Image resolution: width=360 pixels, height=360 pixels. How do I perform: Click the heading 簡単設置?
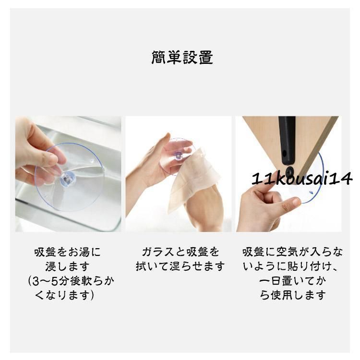point(182,58)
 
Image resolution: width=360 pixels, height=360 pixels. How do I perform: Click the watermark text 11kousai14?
point(302,179)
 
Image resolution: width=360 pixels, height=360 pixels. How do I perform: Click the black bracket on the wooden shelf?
point(287,140)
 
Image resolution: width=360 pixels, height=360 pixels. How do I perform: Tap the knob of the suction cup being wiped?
point(178,156)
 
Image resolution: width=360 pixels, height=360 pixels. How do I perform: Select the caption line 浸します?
point(67,266)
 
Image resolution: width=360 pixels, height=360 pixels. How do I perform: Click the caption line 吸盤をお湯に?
point(68,252)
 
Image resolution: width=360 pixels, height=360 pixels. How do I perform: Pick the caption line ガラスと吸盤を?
point(180,252)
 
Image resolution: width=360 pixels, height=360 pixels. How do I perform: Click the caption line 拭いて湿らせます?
point(180,266)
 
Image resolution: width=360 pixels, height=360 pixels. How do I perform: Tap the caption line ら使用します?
point(293,295)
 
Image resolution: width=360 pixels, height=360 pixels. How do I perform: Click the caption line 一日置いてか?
point(293,281)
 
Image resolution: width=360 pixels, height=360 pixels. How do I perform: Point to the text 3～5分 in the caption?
point(47,281)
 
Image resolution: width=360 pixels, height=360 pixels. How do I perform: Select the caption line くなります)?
point(65,295)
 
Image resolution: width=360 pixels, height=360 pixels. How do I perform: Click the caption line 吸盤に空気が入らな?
point(292,252)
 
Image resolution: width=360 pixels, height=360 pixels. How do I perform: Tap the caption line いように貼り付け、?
point(291,266)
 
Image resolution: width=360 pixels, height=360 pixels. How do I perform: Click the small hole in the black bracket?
point(285,153)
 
